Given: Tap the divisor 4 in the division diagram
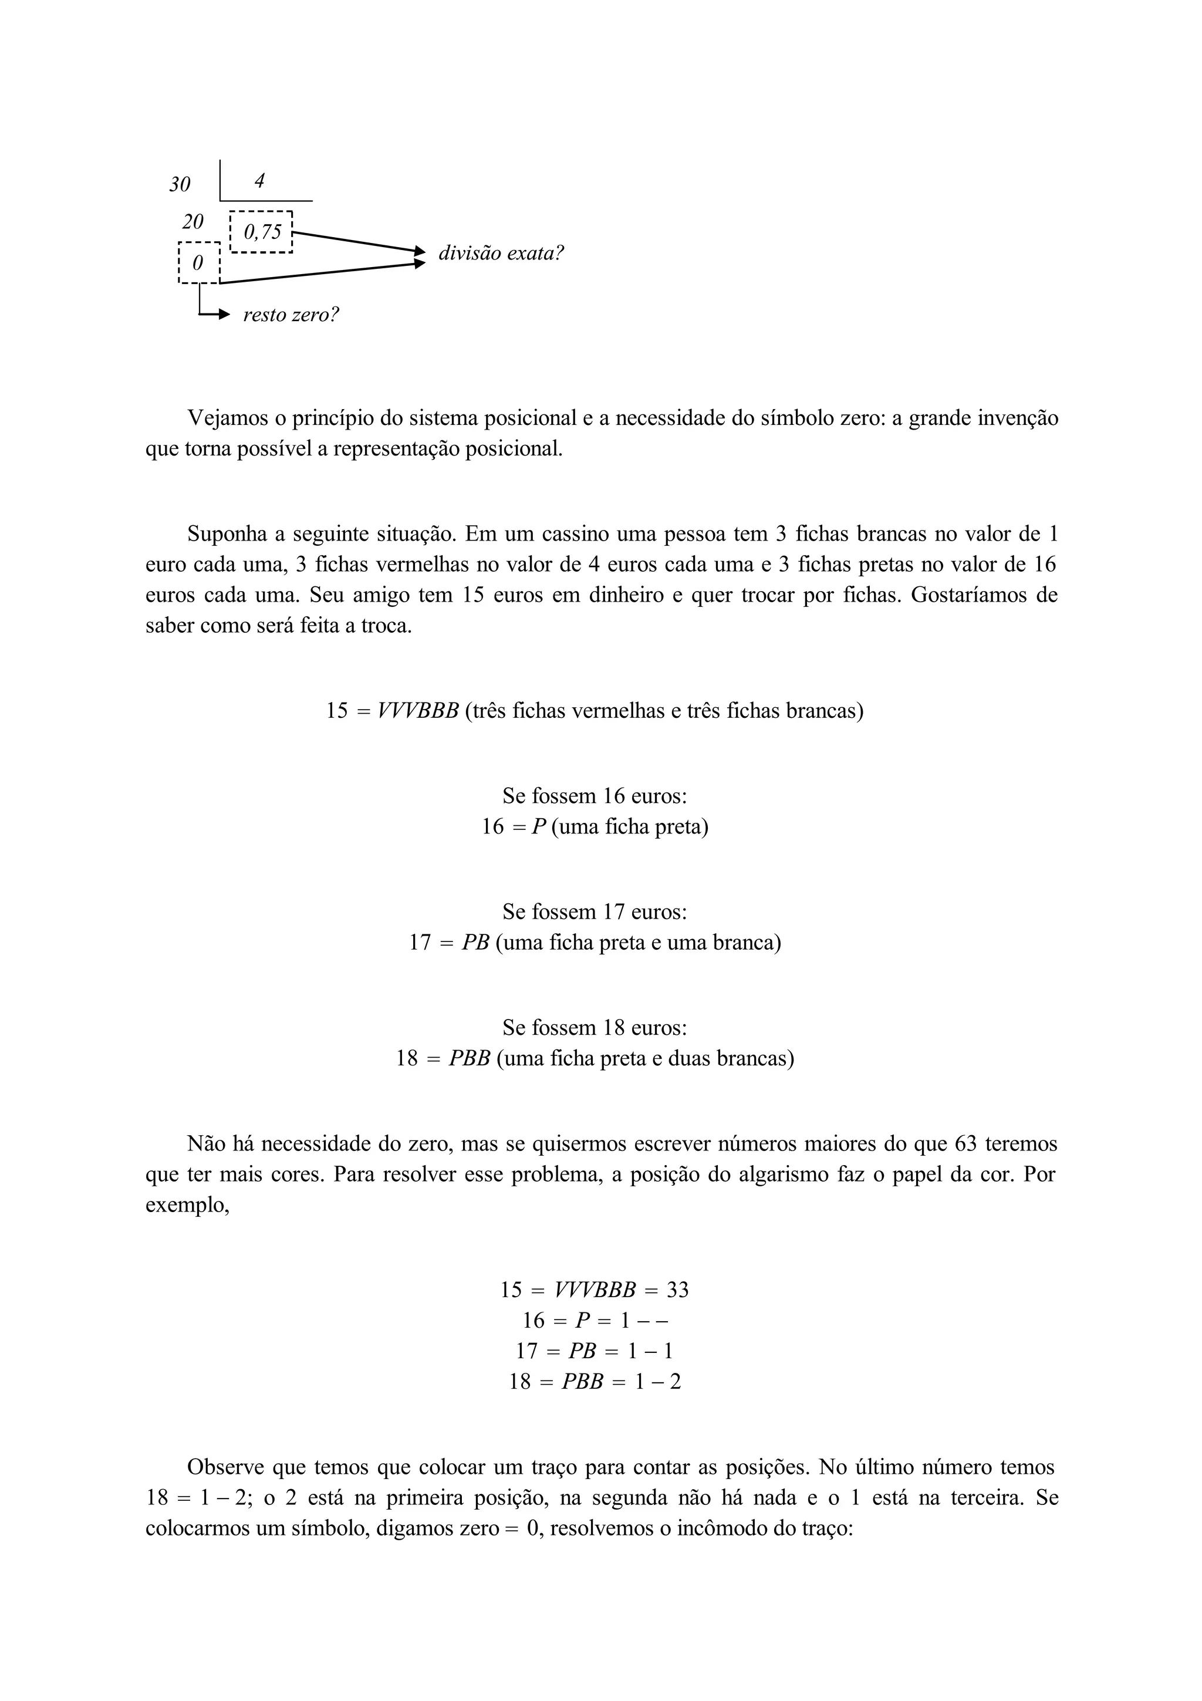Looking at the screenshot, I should (259, 181).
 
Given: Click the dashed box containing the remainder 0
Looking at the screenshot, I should (199, 263).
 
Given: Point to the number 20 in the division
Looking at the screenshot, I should (193, 221).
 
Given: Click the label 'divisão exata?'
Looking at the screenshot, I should (501, 254).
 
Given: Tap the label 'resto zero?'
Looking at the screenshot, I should (291, 315).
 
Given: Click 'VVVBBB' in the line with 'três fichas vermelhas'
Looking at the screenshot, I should (418, 711).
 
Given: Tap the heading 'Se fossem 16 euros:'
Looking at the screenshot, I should (595, 797).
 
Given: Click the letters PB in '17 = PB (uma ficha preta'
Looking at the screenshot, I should (475, 943).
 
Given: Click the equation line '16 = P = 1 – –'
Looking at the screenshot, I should (595, 1320).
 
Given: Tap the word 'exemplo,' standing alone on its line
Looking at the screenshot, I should (187, 1206).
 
